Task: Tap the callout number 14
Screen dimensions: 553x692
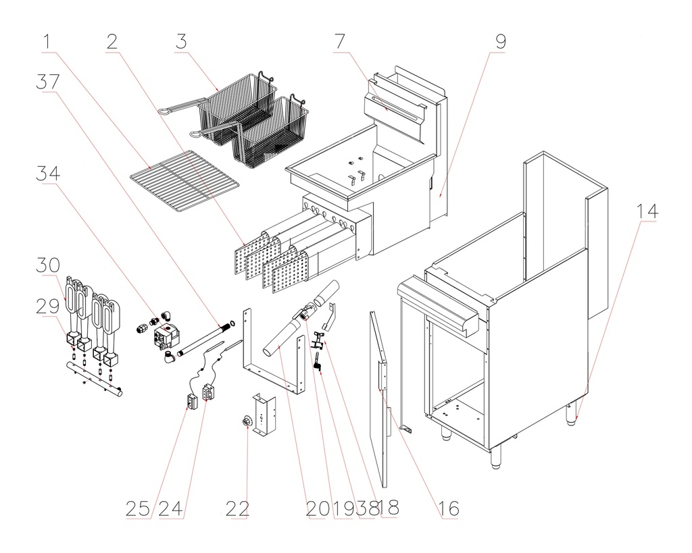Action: tap(646, 211)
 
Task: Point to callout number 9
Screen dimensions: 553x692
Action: tap(500, 43)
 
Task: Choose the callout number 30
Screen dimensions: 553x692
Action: tap(48, 264)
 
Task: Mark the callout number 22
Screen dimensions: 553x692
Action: tap(237, 508)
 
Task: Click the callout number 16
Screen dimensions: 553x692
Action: tap(447, 508)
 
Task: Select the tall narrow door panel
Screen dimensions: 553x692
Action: tap(380, 398)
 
